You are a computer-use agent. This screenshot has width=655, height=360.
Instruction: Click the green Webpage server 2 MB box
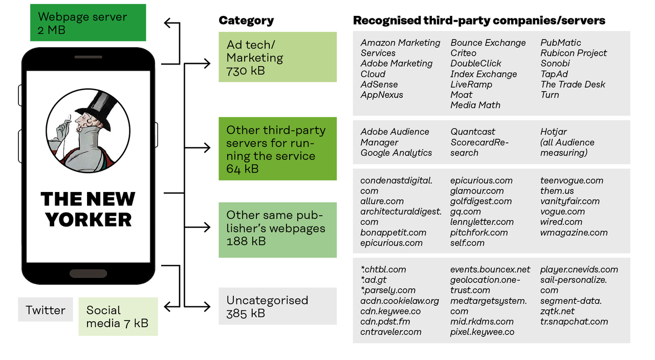88,23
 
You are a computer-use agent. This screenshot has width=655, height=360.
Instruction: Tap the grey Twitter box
46,310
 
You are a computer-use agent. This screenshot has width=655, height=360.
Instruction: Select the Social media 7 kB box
118,316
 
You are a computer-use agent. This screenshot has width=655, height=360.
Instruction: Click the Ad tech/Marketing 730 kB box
277,57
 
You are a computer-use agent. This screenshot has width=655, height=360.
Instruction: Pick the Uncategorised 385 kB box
277,306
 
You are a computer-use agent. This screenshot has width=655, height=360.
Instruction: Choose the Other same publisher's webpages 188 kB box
277,230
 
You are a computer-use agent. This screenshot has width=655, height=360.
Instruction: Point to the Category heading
246,20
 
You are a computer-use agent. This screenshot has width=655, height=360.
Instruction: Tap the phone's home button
88,273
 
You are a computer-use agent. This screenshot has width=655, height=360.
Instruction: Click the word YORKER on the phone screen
89,220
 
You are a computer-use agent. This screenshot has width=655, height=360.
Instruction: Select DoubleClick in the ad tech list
476,63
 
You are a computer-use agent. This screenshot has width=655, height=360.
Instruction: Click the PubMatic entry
560,43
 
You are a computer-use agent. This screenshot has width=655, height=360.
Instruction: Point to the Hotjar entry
554,132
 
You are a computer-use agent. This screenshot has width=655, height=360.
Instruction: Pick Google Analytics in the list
396,153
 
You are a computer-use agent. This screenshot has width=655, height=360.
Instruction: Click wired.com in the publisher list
561,222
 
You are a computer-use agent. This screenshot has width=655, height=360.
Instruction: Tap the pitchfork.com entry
479,232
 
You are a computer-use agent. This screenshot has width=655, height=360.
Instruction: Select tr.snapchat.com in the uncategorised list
574,322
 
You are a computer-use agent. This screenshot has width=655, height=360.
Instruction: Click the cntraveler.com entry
391,332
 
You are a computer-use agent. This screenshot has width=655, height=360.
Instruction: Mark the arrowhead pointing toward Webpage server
168,23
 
